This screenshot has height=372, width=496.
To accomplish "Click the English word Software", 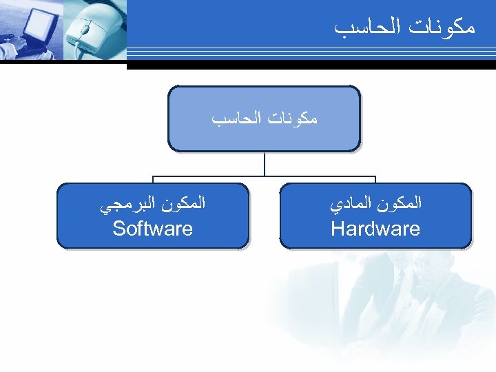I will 152,229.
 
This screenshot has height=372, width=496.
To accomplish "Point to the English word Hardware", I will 375,229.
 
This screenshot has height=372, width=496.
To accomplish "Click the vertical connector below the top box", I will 265,163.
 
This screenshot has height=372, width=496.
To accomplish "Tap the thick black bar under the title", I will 310,65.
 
